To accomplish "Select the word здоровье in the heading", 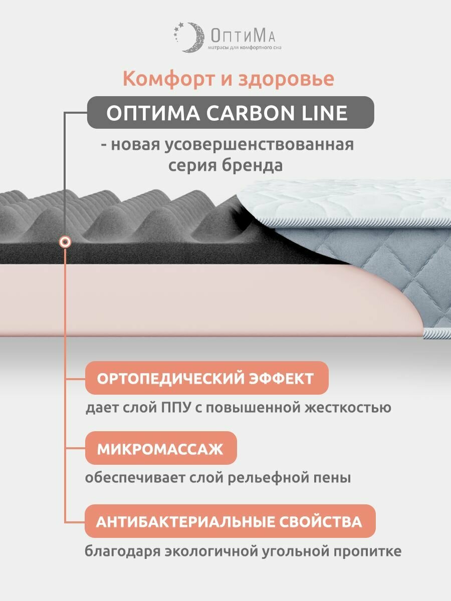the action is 287,79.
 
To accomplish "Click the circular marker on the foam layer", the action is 65,242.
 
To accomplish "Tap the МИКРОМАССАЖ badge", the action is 160,448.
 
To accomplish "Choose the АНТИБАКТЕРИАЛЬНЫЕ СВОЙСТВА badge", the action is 229,521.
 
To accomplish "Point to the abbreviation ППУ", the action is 174,407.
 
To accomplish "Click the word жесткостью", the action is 350,407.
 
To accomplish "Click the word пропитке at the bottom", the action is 367,552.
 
